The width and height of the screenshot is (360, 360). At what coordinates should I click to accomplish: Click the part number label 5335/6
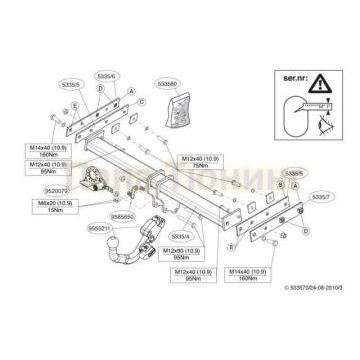pyautogui.click(x=106, y=74)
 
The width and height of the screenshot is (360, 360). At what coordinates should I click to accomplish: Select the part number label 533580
pyautogui.click(x=170, y=73)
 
